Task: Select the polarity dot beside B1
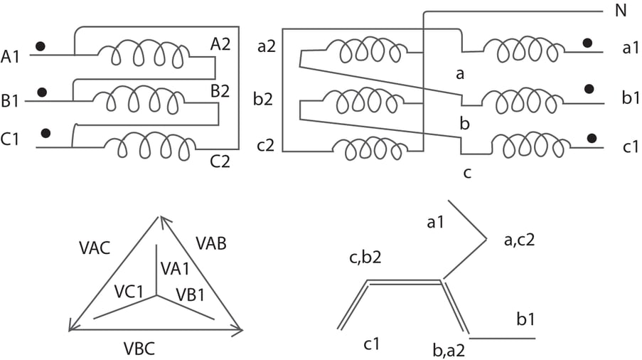42,92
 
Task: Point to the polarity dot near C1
47,132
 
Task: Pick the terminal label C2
220,161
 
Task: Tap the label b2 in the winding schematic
264,99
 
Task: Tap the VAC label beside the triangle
95,247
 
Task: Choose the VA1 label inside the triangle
174,268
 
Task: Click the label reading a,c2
519,240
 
